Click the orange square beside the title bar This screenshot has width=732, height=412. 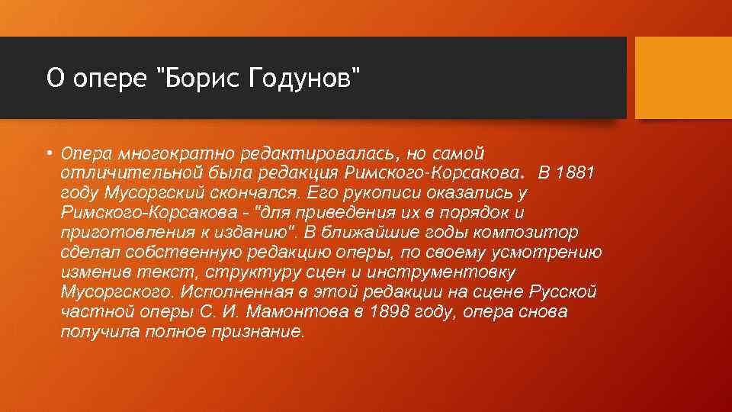(682, 78)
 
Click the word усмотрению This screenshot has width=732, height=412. (540, 253)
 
